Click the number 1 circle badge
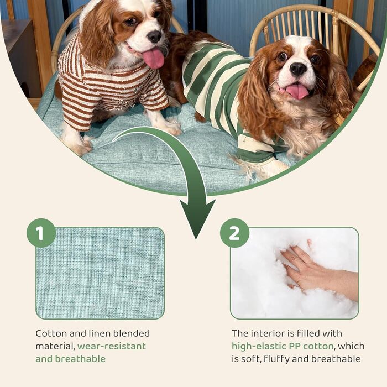[x=41, y=233]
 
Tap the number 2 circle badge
[x=234, y=233]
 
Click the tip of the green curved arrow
[x=196, y=239]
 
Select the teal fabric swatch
[x=100, y=273]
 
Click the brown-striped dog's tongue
[x=154, y=57]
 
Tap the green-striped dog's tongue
[x=297, y=91]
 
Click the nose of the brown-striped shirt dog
[x=154, y=36]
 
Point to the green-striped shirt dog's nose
[x=298, y=69]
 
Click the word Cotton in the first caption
[x=51, y=333]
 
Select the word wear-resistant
[x=112, y=346]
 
